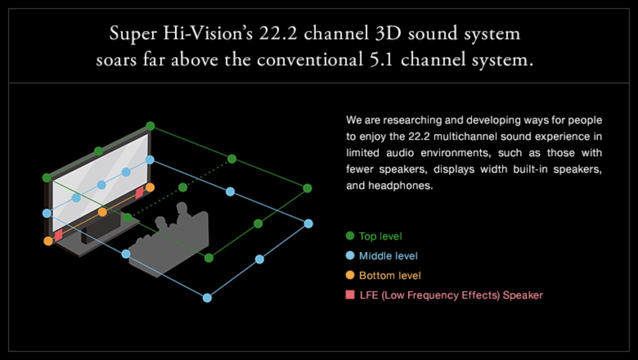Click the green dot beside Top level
pyautogui.click(x=350, y=236)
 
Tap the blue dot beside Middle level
pyautogui.click(x=350, y=255)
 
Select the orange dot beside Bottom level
pyautogui.click(x=350, y=275)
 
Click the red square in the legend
pyautogui.click(x=350, y=295)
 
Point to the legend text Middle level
pyautogui.click(x=388, y=256)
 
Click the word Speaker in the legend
pyautogui.click(x=523, y=295)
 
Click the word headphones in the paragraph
pyautogui.click(x=400, y=185)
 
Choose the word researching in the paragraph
pyautogui.click(x=413, y=121)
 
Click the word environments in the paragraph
pyautogui.click(x=453, y=153)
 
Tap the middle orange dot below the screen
pyautogui.click(x=103, y=212)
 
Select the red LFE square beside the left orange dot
pyautogui.click(x=58, y=235)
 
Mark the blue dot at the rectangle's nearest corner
pyautogui.click(x=207, y=298)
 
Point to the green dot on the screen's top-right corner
pyautogui.click(x=150, y=126)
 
